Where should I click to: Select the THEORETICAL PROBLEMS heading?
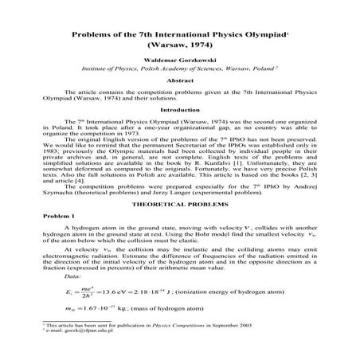(179, 203)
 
